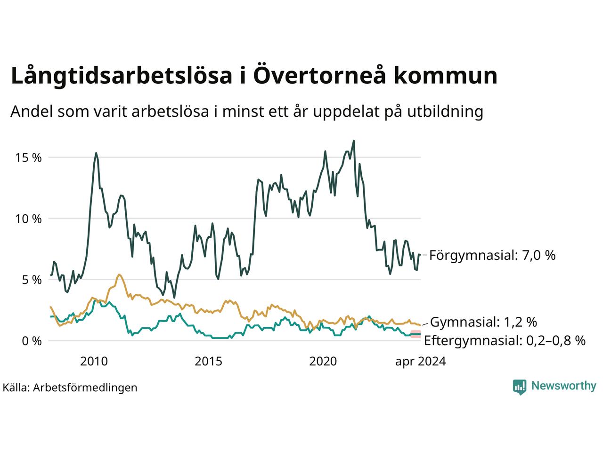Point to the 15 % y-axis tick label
click(x=29, y=158)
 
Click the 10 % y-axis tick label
click(x=29, y=219)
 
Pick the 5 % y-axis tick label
click(x=32, y=280)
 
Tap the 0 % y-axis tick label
click(x=32, y=341)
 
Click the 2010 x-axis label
click(x=94, y=362)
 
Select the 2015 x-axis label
click(x=209, y=362)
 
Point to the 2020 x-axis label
click(x=323, y=362)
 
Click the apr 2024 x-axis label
click(x=420, y=362)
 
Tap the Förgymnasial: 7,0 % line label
click(x=492, y=255)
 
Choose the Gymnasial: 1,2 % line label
click(x=483, y=322)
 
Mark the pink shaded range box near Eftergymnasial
click(x=415, y=334)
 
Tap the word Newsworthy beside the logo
click(x=563, y=386)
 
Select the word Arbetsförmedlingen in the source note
click(x=85, y=387)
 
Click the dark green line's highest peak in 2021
click(x=354, y=140)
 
